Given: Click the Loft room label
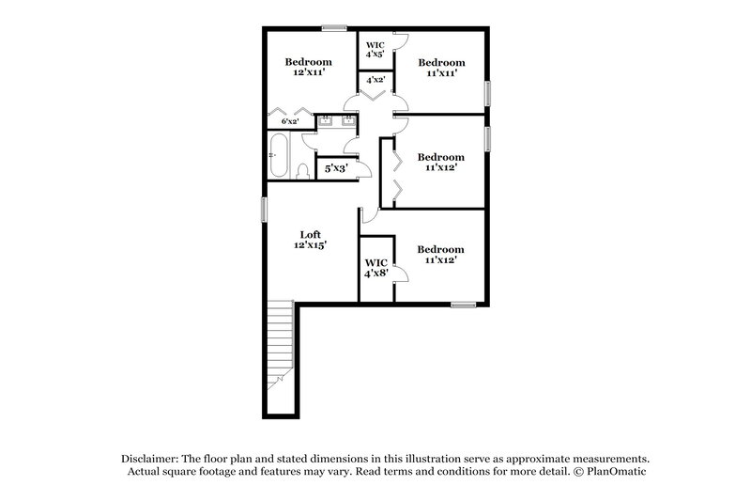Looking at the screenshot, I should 310,241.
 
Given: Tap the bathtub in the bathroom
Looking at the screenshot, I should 279,157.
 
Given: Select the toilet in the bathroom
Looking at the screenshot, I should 302,170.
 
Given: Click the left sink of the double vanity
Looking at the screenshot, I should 326,119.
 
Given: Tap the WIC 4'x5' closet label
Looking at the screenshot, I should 375,50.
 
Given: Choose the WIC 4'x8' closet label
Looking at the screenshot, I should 375,268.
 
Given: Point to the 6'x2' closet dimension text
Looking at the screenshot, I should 291,121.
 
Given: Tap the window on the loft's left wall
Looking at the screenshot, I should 263,210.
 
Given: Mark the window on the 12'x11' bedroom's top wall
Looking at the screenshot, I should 333,27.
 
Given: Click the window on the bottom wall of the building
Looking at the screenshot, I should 464,304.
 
